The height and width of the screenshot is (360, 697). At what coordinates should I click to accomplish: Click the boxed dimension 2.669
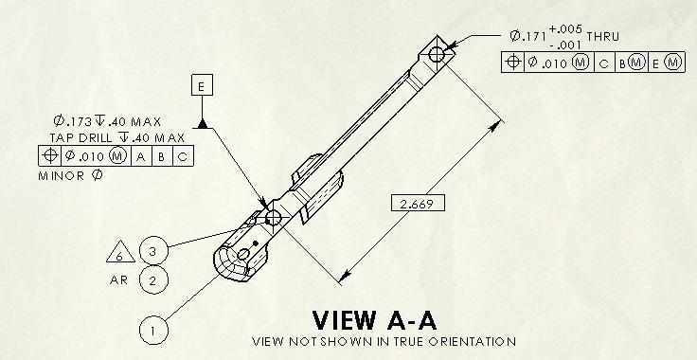pos(418,203)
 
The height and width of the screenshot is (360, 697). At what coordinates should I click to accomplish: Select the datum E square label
pos(203,85)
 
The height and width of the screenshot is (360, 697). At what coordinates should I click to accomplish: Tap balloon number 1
pos(153,330)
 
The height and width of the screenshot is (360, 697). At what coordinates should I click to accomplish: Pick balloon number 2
pos(153,280)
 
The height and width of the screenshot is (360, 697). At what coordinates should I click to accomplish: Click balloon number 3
pos(153,251)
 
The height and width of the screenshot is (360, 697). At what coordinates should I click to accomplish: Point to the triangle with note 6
pos(120,252)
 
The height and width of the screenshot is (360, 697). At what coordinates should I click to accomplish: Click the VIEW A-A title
pos(374,320)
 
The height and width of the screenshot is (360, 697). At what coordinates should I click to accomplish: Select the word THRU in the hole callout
pos(602,36)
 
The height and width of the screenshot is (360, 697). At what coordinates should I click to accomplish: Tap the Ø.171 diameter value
pos(527,36)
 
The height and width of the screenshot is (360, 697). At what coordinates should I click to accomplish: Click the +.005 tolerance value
pos(565,29)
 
